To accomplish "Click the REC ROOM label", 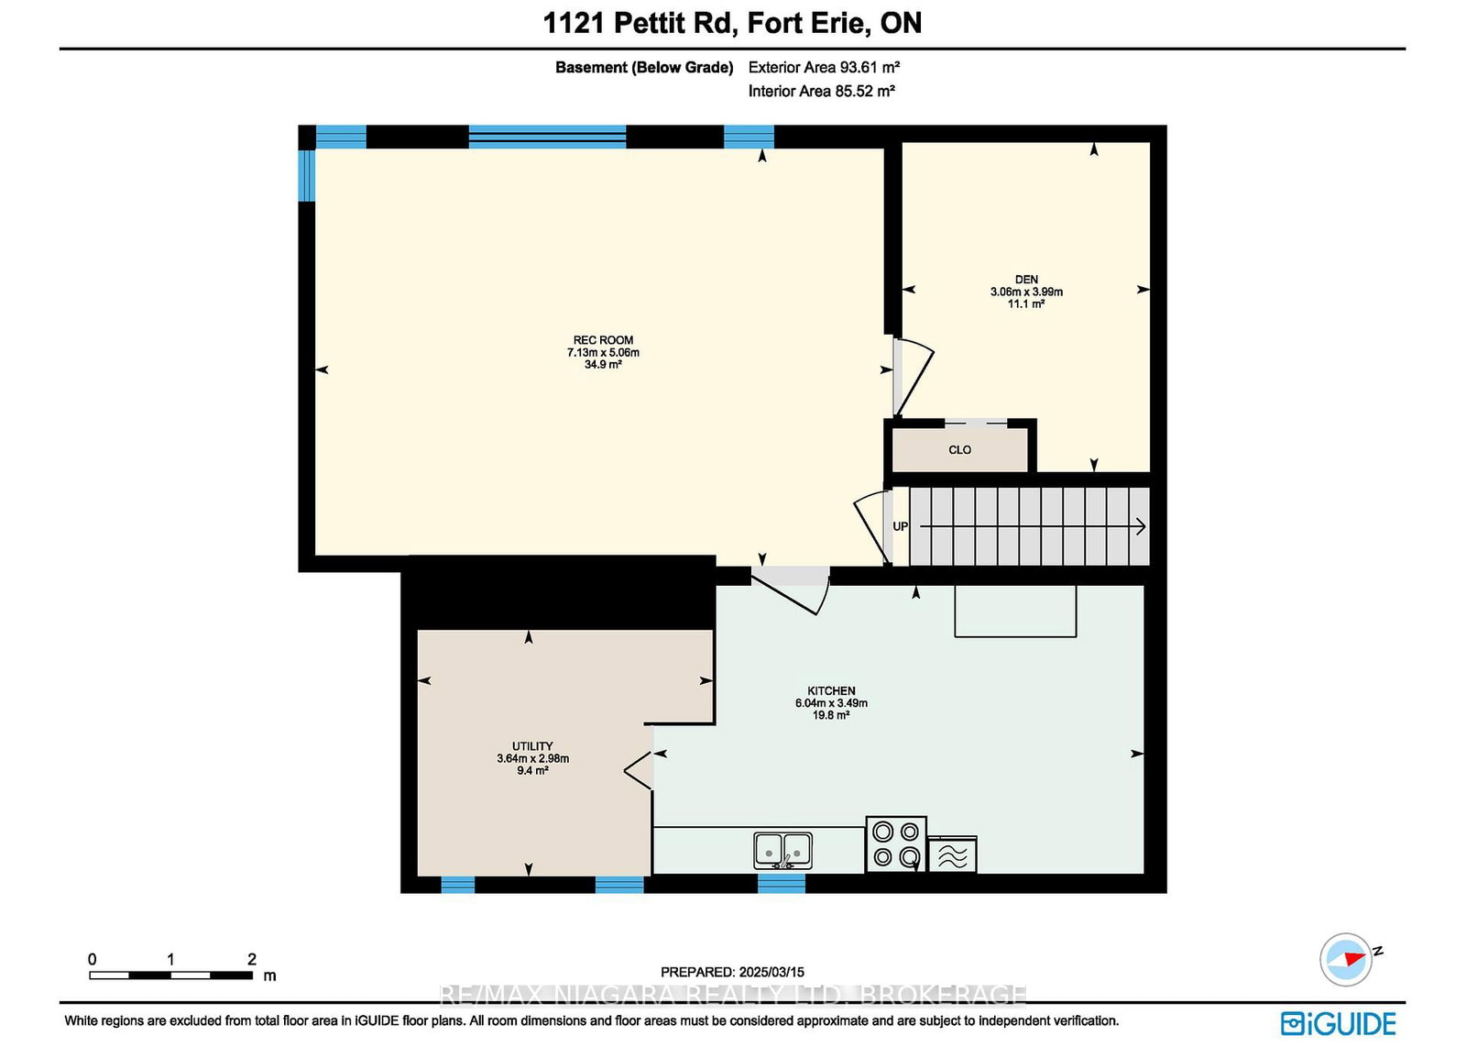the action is click(603, 340).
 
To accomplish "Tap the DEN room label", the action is click(1026, 280).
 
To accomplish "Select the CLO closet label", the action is click(959, 450).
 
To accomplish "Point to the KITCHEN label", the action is click(831, 690).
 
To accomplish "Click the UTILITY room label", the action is click(532, 745).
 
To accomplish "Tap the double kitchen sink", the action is click(782, 851).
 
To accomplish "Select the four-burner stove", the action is click(896, 844).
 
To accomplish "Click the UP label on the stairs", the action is click(901, 526).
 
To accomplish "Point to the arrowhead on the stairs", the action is click(1141, 526).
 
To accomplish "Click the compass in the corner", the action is click(1346, 959).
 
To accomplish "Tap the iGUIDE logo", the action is click(1339, 1023).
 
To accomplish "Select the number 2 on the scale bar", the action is click(251, 959).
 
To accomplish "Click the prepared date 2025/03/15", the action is click(771, 973).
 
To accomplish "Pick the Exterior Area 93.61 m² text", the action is click(824, 67).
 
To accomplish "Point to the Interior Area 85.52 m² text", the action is click(821, 91).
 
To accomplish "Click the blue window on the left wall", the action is click(307, 176).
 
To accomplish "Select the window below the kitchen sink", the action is click(782, 884).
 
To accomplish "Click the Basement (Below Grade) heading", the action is click(644, 68).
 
